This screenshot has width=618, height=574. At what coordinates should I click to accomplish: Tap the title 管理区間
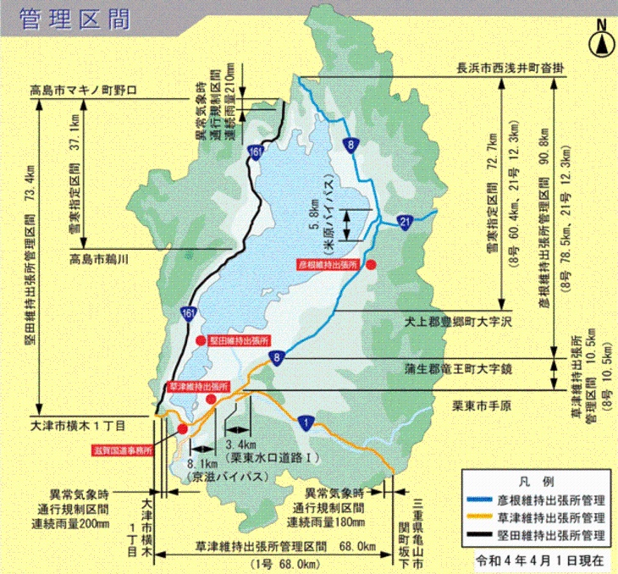(x=73, y=19)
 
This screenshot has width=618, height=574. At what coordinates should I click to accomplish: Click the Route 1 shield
(x=303, y=421)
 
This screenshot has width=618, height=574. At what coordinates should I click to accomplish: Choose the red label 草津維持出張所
(x=195, y=386)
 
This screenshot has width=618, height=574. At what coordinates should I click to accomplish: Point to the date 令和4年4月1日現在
(x=538, y=560)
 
